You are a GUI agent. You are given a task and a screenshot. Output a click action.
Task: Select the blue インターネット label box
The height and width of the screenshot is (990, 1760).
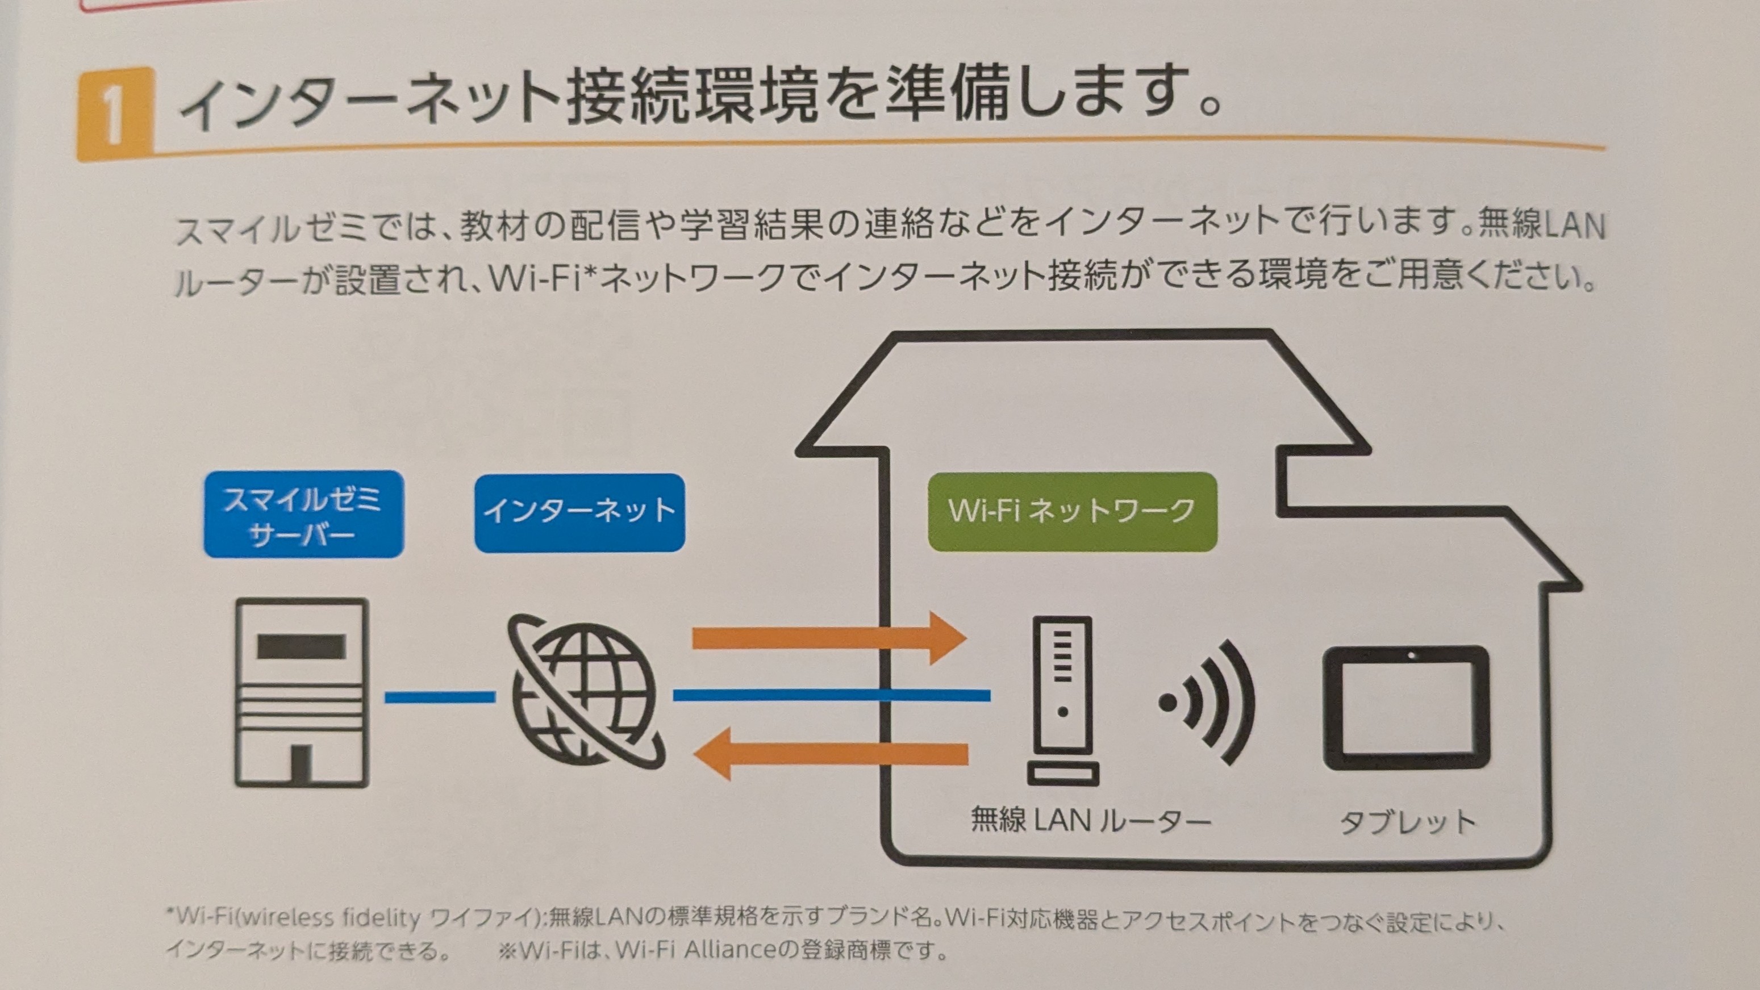pyautogui.click(x=579, y=512)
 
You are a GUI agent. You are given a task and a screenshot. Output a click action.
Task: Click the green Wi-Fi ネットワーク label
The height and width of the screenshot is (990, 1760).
pyautogui.click(x=1071, y=511)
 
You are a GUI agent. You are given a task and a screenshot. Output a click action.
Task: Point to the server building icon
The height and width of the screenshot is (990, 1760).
pyautogui.click(x=302, y=693)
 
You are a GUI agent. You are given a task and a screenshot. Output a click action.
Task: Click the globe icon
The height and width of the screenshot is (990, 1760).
pyautogui.click(x=584, y=691)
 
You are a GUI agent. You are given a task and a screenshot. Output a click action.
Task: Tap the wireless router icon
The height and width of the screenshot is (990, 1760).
pyautogui.click(x=1062, y=700)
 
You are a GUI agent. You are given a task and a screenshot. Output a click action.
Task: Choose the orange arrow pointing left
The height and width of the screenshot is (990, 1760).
pyautogui.click(x=829, y=754)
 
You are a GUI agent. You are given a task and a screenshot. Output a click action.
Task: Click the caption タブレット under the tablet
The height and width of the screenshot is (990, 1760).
pyautogui.click(x=1407, y=822)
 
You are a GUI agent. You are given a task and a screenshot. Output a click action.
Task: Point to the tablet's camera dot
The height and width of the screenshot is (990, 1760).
pyautogui.click(x=1412, y=656)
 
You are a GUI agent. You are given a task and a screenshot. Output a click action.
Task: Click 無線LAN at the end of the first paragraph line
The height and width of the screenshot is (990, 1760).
pyautogui.click(x=1541, y=225)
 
